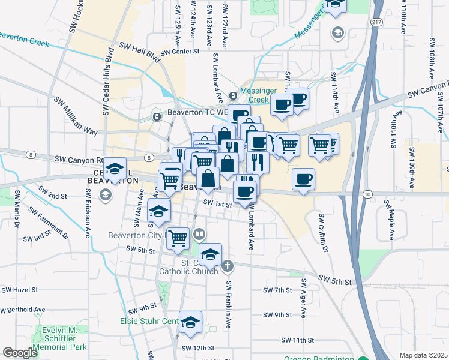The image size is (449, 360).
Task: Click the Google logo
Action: coord(20,353)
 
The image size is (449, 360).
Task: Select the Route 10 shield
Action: coord(367,194)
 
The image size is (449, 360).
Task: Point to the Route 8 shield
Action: coord(29,155)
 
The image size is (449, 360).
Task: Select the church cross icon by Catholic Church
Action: coord(227,265)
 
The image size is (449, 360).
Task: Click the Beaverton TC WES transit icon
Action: coord(157,116)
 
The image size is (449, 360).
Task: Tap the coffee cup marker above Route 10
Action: coord(303,178)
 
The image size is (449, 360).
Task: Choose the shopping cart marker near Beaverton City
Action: coord(178,238)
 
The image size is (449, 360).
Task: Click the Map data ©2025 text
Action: coord(424,355)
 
